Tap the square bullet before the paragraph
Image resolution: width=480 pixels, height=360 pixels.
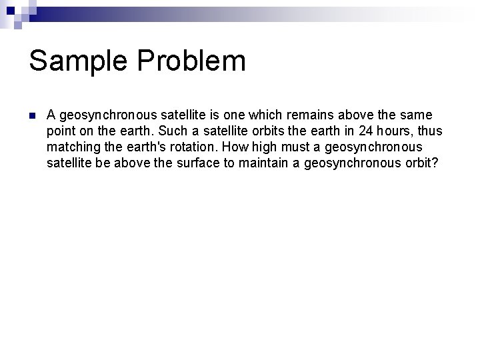click(32, 115)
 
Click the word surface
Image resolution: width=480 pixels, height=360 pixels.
click(200, 163)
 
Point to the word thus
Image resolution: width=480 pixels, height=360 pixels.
click(427, 131)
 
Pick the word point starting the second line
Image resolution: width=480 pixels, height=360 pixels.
click(61, 131)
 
